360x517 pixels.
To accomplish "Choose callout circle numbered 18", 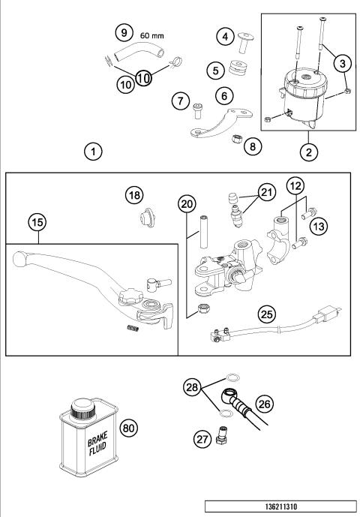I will click(x=133, y=196).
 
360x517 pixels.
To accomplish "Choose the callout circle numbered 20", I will click(x=187, y=204).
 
